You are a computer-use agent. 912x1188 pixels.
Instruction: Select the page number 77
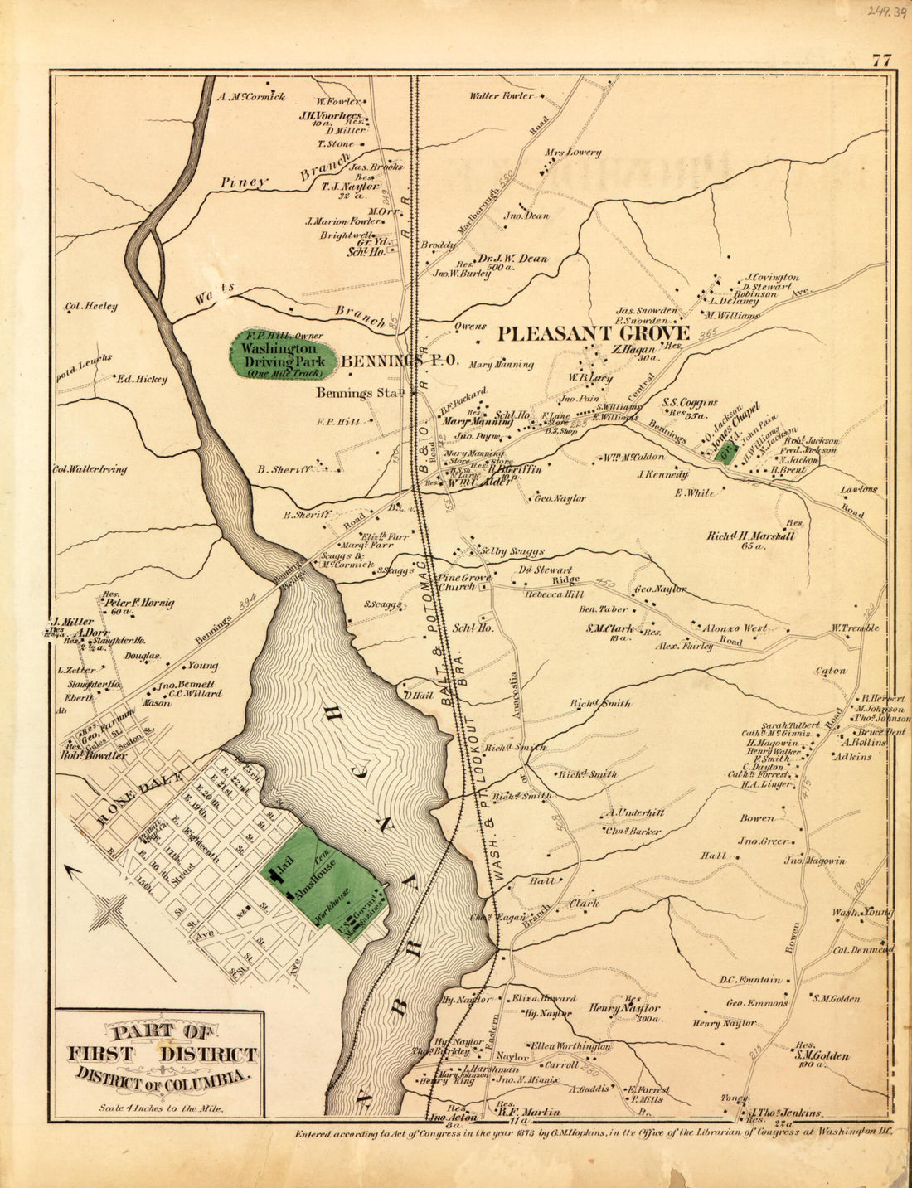point(880,61)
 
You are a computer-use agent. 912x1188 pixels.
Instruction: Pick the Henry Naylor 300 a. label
point(624,1009)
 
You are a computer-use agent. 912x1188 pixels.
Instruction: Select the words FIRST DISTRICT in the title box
point(162,1055)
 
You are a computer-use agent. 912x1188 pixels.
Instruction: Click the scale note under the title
point(161,1107)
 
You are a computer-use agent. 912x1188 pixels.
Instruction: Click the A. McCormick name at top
point(250,97)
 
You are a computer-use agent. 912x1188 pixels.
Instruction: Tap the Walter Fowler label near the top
point(502,96)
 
